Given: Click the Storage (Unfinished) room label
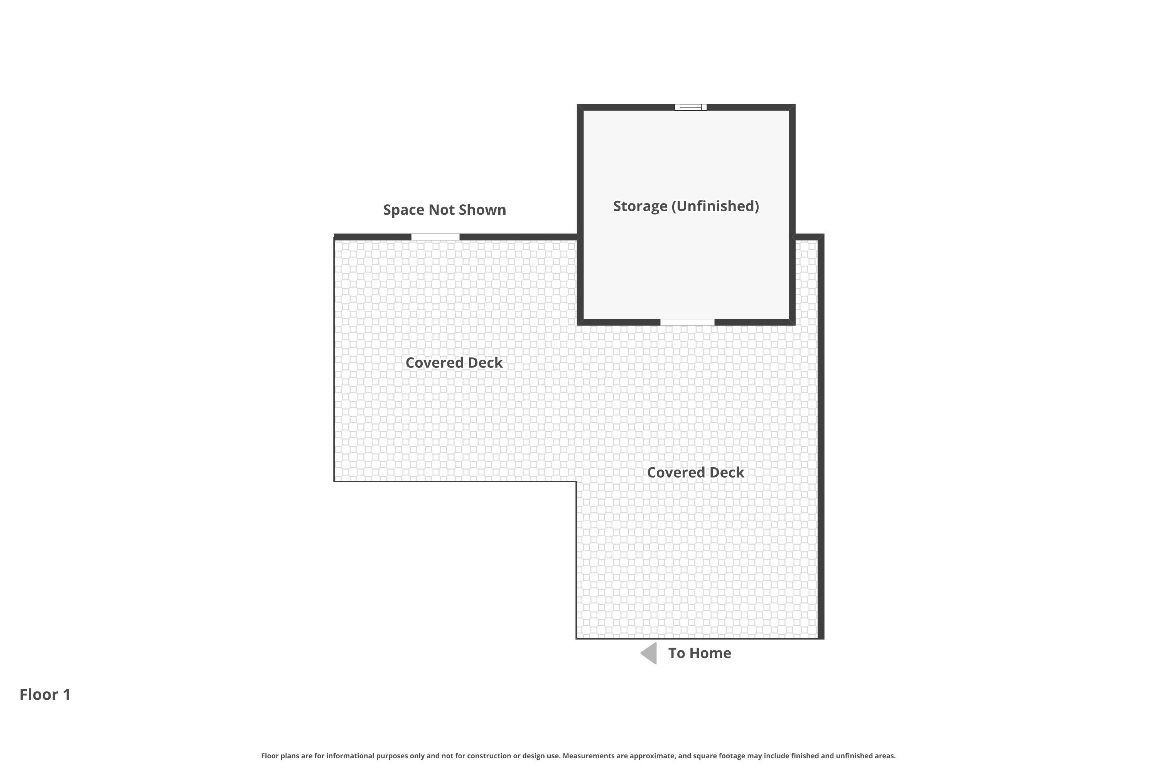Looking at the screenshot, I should point(686,206).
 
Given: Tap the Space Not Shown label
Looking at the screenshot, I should point(444,210).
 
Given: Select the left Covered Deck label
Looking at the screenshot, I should point(454,363).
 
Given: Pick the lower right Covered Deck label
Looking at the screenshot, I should point(695,473).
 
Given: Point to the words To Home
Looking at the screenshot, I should point(699,653).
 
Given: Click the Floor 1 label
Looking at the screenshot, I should point(45,695).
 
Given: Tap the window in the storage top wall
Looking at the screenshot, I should point(690,107).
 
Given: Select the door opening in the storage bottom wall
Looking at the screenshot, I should point(687,322).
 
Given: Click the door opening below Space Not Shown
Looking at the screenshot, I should point(435,237).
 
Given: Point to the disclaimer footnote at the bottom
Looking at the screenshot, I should point(578,756).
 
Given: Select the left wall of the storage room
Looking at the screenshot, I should point(580,214).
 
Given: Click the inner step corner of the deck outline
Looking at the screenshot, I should point(576,481).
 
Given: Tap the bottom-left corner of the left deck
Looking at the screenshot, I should point(334,481).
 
